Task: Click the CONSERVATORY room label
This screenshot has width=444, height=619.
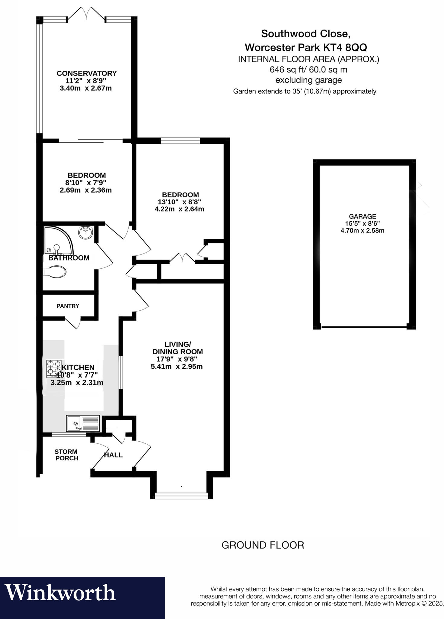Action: point(86,73)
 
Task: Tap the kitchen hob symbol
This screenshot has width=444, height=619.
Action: point(54,368)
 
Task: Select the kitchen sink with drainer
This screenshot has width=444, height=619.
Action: point(82,423)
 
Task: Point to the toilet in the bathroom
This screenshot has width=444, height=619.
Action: point(55,271)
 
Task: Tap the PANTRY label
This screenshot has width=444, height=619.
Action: point(68,306)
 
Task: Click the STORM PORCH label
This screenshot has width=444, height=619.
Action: point(66,455)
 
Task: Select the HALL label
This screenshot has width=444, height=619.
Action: point(113,455)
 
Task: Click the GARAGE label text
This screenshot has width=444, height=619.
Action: point(362,216)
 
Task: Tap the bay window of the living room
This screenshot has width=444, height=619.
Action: point(181,495)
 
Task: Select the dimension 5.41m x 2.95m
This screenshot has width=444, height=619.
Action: point(177,367)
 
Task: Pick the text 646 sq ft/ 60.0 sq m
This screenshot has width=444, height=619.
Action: point(308,70)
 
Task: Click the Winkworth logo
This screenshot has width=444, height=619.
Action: point(60,593)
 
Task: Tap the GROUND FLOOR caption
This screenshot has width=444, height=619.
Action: point(263,545)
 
